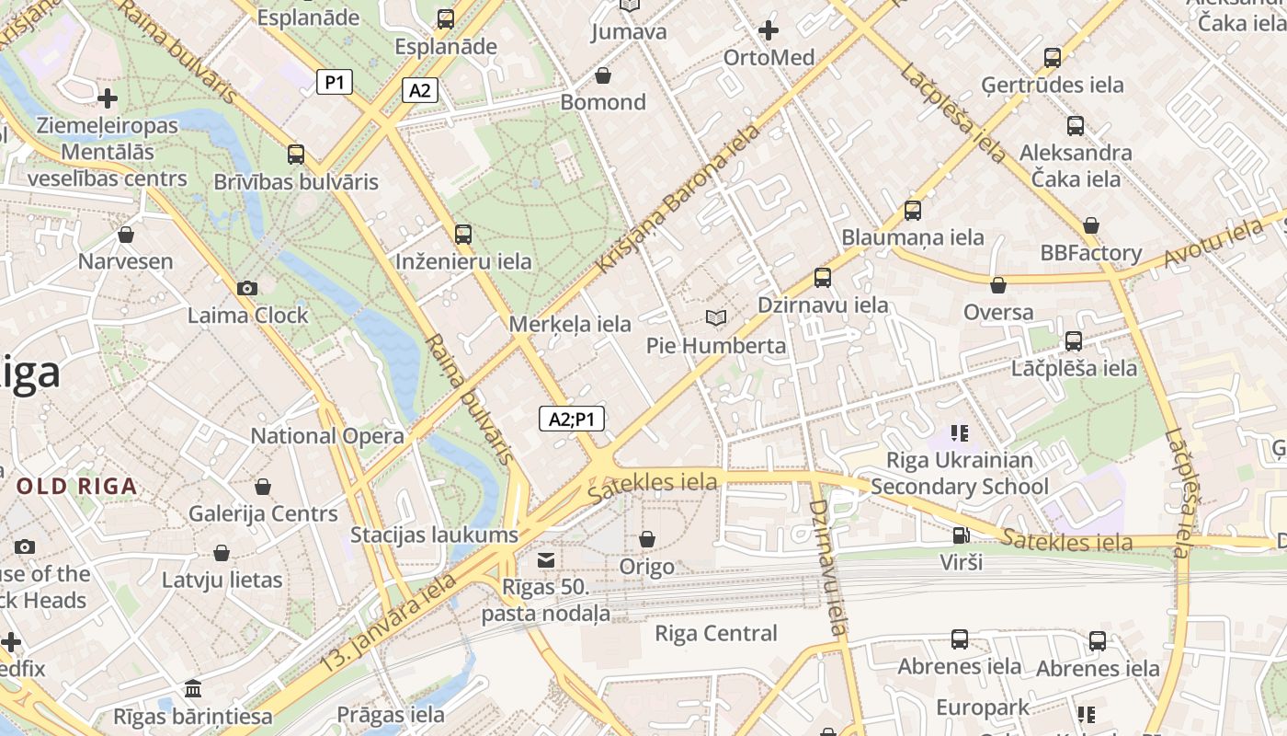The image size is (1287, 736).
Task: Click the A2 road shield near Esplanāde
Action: pyautogui.click(x=419, y=90)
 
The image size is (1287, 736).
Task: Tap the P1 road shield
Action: pyautogui.click(x=335, y=82)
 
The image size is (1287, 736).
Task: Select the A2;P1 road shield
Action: pyautogui.click(x=571, y=420)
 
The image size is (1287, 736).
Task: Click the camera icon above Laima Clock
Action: pyautogui.click(x=246, y=289)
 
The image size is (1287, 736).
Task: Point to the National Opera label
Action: pyautogui.click(x=327, y=436)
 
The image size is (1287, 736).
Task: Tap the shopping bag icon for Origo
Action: pyautogui.click(x=647, y=539)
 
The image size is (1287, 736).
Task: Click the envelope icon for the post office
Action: pyautogui.click(x=546, y=560)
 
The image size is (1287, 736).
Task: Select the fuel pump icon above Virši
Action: pyautogui.click(x=961, y=535)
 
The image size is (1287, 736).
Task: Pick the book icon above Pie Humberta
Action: pyautogui.click(x=716, y=318)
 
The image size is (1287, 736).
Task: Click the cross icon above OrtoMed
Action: pyautogui.click(x=769, y=31)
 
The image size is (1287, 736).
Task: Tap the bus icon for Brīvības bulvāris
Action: pyautogui.click(x=295, y=155)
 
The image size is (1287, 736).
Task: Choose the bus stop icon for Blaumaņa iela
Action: pyautogui.click(x=912, y=211)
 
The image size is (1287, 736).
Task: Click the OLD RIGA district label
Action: pyautogui.click(x=76, y=486)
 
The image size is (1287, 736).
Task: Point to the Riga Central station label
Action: pyautogui.click(x=715, y=633)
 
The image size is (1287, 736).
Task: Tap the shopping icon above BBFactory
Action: pyautogui.click(x=1091, y=225)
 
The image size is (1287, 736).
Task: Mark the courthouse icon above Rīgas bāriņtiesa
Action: pyautogui.click(x=193, y=688)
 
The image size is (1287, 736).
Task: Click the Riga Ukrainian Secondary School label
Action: pyautogui.click(x=960, y=473)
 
